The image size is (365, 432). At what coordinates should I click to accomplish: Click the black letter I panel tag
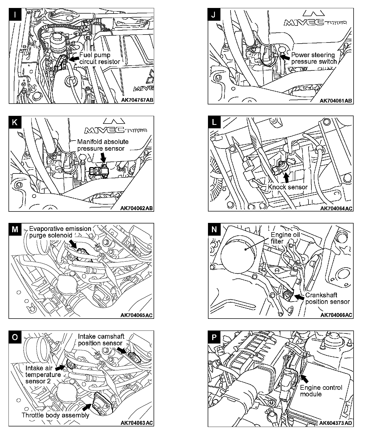click(x=15, y=15)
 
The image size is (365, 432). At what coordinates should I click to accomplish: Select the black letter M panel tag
click(x=15, y=229)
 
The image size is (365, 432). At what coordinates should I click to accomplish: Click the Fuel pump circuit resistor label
click(x=100, y=58)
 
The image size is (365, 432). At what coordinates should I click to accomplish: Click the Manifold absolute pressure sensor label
click(x=103, y=145)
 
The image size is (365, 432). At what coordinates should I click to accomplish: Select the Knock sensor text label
click(x=288, y=187)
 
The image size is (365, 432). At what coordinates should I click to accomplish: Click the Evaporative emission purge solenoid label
click(x=60, y=232)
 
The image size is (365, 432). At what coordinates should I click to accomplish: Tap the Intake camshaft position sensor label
click(x=101, y=340)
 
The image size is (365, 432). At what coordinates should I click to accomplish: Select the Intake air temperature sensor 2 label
click(x=43, y=375)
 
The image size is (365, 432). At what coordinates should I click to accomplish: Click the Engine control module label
click(x=321, y=391)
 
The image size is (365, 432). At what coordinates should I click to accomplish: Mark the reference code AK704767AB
click(x=137, y=100)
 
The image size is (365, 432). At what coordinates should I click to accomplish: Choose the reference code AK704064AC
click(x=336, y=209)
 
